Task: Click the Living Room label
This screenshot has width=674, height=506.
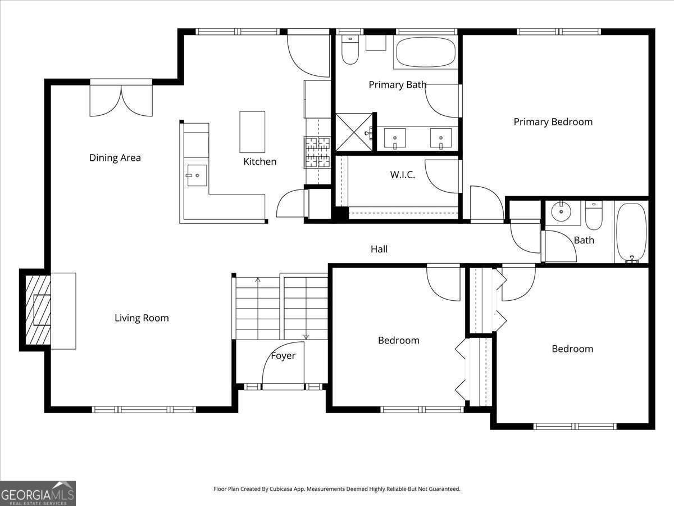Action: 142,318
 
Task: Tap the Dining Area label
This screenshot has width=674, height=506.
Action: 115,157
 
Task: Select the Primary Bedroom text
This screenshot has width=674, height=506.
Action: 553,122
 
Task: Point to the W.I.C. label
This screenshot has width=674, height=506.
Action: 403,175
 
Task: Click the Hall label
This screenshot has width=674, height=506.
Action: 379,249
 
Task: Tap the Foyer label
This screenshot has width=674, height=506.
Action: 283,356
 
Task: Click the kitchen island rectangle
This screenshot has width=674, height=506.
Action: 252,132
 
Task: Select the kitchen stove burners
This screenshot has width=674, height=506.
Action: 317,152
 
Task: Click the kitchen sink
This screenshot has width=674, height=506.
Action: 197,175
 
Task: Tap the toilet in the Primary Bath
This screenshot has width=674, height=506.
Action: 350,50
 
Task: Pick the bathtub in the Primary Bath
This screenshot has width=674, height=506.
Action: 426,52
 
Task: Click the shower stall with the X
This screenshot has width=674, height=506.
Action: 354,133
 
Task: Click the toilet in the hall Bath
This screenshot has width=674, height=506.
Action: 594,215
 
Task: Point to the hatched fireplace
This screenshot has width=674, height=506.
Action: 38,310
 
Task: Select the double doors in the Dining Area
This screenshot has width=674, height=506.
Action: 121,98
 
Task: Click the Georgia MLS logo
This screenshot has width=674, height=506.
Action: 38,493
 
